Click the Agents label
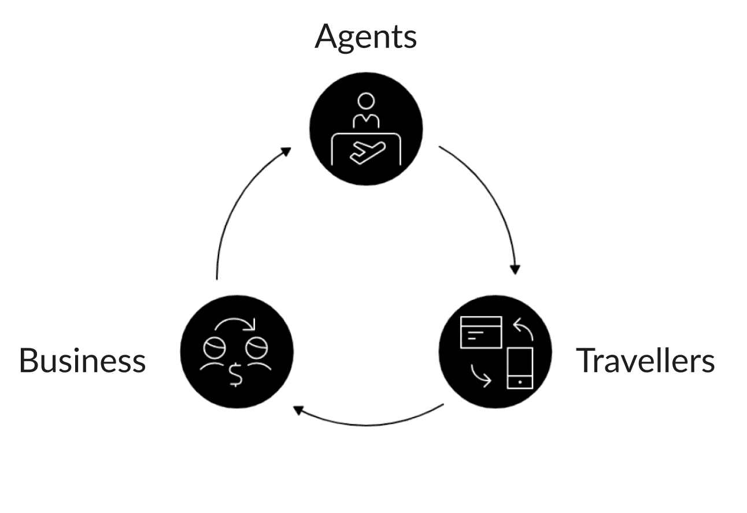(365, 37)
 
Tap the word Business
(82, 360)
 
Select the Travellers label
(645, 360)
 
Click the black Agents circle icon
(366, 128)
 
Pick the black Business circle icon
(236, 351)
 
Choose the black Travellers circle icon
(495, 351)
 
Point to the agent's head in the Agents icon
(366, 101)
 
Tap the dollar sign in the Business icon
(236, 374)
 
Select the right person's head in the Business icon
(256, 348)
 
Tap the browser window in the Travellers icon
(480, 332)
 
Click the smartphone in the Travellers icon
(519, 368)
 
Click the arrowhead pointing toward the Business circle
(298, 410)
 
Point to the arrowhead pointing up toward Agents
(285, 151)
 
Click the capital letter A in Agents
(326, 37)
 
